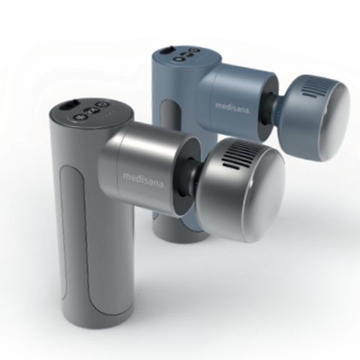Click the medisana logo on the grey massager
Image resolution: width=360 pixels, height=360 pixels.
143,178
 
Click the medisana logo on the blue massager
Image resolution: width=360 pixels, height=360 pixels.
232,107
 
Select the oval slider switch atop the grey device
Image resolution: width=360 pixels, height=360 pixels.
68,105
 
